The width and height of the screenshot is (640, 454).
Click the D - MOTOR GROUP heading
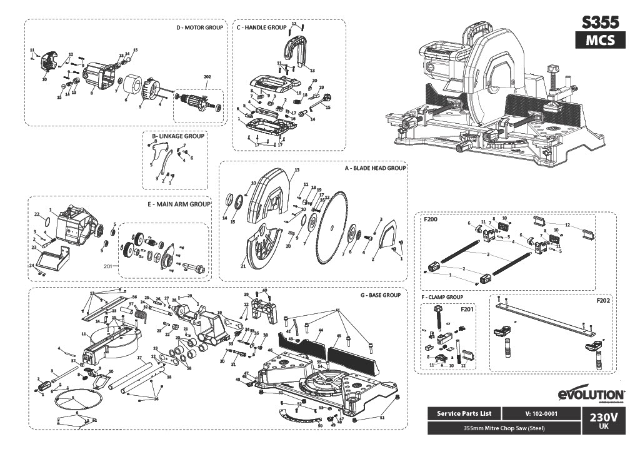199,28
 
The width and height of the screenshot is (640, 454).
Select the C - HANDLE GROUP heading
261,28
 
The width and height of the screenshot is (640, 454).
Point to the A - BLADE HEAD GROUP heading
376,168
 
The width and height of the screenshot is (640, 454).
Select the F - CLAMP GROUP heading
442,296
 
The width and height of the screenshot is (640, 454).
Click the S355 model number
600,23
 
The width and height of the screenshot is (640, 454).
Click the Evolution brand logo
590,395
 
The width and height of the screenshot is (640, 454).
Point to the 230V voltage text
603,416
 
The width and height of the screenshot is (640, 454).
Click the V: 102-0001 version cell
542,414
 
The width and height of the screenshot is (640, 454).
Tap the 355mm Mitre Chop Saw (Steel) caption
503,428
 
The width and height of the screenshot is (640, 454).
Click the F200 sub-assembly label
430,220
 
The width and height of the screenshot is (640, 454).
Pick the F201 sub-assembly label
467,309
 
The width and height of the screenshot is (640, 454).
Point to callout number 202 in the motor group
207,76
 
